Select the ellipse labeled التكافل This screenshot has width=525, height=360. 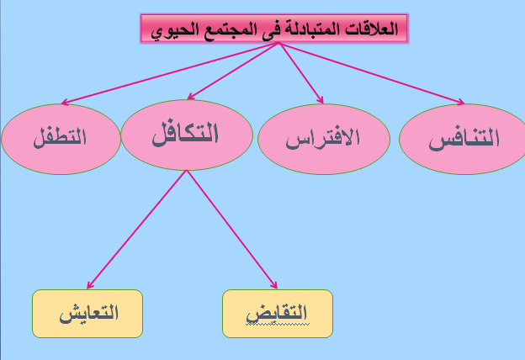[186, 135]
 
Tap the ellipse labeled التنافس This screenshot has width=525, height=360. [464, 138]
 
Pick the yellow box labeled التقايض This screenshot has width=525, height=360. [278, 313]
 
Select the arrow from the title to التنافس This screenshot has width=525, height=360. [370, 73]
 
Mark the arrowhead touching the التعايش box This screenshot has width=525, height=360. [90, 285]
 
